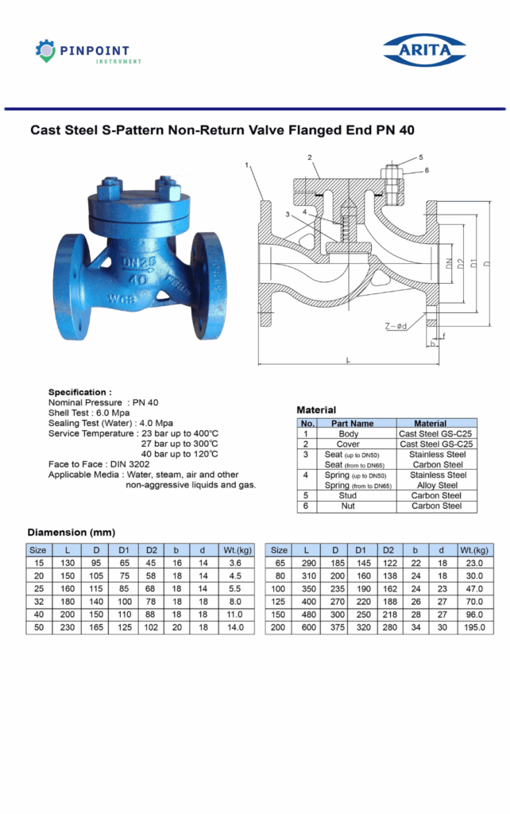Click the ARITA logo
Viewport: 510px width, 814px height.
pyautogui.click(x=424, y=50)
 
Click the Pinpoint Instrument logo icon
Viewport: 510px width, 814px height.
pyautogui.click(x=45, y=51)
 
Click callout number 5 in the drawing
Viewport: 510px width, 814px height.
pyautogui.click(x=421, y=157)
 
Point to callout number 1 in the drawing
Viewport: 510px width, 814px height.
pyautogui.click(x=248, y=165)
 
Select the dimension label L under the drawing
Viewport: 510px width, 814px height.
pyautogui.click(x=349, y=360)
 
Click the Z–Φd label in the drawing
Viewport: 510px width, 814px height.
pyautogui.click(x=396, y=326)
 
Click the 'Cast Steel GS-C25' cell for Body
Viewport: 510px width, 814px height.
pyautogui.click(x=436, y=434)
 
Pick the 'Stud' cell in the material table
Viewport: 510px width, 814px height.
pyautogui.click(x=348, y=495)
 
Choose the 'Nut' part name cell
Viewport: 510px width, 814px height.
pyautogui.click(x=348, y=506)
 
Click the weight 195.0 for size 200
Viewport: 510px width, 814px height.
pyautogui.click(x=475, y=628)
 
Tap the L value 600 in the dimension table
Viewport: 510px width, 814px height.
pyautogui.click(x=305, y=628)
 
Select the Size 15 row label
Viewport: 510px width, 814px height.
pyautogui.click(x=38, y=562)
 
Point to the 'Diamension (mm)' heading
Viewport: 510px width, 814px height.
pyautogui.click(x=71, y=532)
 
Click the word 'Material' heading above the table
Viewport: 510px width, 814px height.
pyautogui.click(x=316, y=410)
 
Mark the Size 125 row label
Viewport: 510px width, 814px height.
pyautogui.click(x=279, y=602)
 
